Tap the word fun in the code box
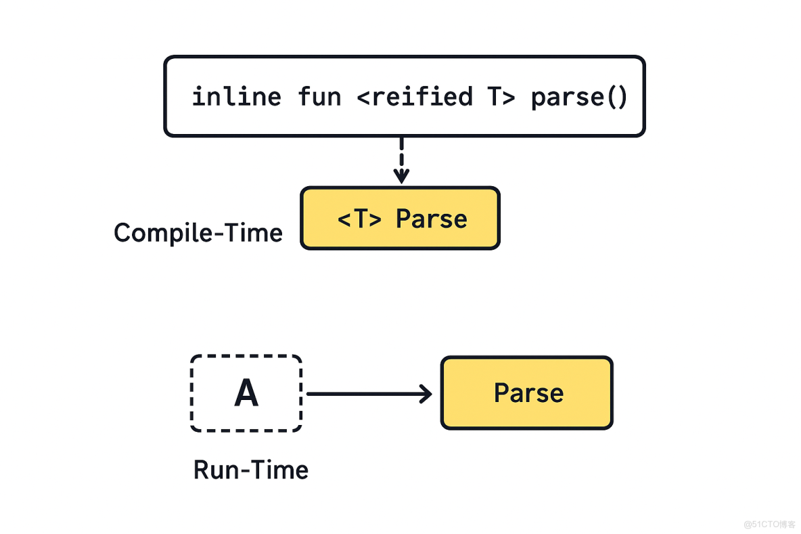pyautogui.click(x=319, y=97)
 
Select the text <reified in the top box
pyautogui.click(x=415, y=97)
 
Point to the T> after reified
pyautogui.click(x=501, y=97)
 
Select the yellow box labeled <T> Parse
pyautogui.click(x=400, y=218)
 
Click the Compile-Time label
pyautogui.click(x=198, y=233)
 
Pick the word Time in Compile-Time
pyautogui.click(x=255, y=233)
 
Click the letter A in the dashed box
pyautogui.click(x=246, y=393)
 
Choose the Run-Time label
pyautogui.click(x=251, y=470)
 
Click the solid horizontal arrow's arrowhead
pyautogui.click(x=426, y=394)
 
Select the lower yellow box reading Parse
pyautogui.click(x=527, y=393)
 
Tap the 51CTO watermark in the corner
pyautogui.click(x=770, y=524)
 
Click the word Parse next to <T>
pyautogui.click(x=431, y=219)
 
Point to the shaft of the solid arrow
pyautogui.click(x=365, y=394)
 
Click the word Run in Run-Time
pyautogui.click(x=214, y=470)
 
